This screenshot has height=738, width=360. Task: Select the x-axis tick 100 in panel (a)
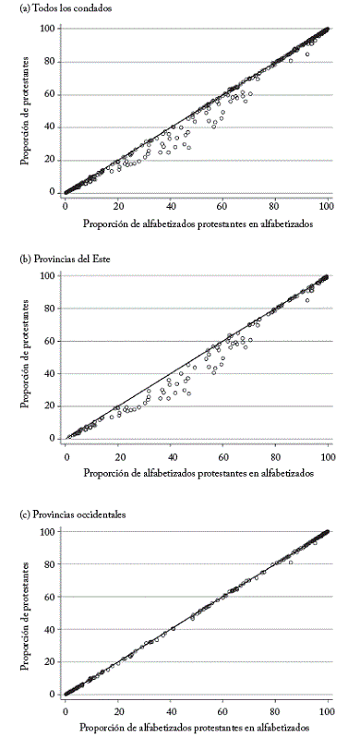pyautogui.click(x=327, y=206)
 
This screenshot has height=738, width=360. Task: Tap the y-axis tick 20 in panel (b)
pyautogui.click(x=49, y=406)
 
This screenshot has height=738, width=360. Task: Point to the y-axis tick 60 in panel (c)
pyautogui.click(x=49, y=597)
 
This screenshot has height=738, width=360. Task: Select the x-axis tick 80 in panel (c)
pyautogui.click(x=276, y=708)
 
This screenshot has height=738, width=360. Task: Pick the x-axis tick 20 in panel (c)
pyautogui.click(x=118, y=708)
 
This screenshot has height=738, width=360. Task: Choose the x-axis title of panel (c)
pyautogui.click(x=198, y=726)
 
